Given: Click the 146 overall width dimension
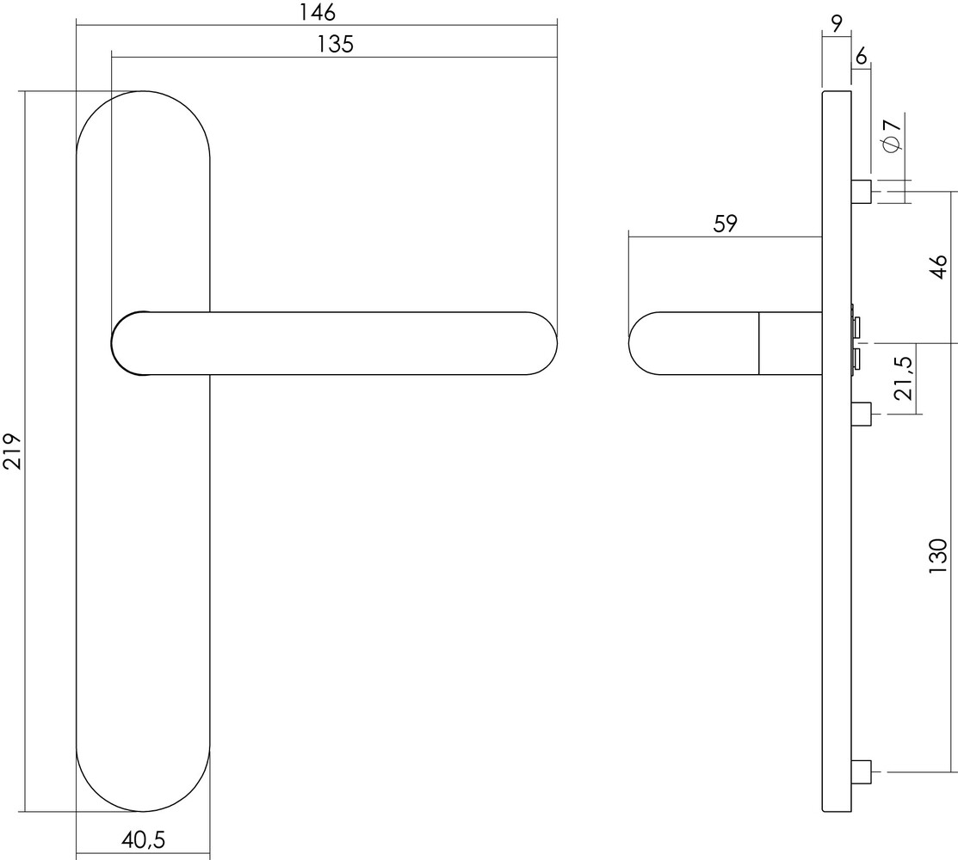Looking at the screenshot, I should coord(317,12).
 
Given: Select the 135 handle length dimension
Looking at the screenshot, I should coord(335,44).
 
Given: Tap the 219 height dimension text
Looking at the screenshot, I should coord(12,451).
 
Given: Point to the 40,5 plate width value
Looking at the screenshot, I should coord(144,838).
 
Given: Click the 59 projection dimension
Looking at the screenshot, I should coord(725,224).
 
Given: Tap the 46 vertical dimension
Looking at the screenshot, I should coord(939,267).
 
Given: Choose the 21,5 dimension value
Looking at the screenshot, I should coord(902,379).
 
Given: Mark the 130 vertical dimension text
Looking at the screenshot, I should coord(939,556).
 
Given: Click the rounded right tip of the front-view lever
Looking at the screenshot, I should coord(542,343).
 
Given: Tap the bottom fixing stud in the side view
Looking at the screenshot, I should coord(862,771).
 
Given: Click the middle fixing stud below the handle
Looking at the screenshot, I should coord(862,415).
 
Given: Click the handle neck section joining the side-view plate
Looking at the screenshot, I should coord(790,343).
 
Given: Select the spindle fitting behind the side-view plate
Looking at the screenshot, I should coord(856,342).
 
